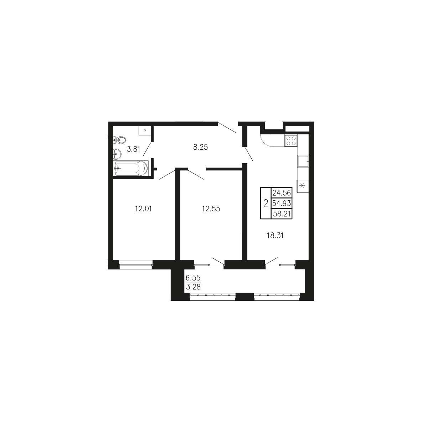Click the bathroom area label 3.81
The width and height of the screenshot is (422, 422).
point(134,149)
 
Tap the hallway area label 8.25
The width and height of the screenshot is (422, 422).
point(201,147)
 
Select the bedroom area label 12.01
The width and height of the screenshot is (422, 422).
point(143,209)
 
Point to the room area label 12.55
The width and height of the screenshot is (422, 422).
point(211,209)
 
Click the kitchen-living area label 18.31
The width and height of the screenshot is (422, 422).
point(275,236)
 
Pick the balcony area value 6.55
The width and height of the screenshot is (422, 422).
point(193,278)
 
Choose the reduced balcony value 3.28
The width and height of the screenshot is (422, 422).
point(193,287)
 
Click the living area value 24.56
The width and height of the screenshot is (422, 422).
point(282,193)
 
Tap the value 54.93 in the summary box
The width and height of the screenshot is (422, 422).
point(282,203)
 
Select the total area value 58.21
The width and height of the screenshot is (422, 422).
point(282,214)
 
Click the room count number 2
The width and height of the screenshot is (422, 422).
point(266,204)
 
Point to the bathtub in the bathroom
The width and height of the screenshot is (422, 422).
point(132,168)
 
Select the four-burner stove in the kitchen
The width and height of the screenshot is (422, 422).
point(291,140)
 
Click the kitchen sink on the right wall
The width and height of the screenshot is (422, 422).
point(303,161)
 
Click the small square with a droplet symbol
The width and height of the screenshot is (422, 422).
point(145,130)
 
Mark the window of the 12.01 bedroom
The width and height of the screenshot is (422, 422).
point(136,264)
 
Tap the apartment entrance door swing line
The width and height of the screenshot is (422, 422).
point(227,127)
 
